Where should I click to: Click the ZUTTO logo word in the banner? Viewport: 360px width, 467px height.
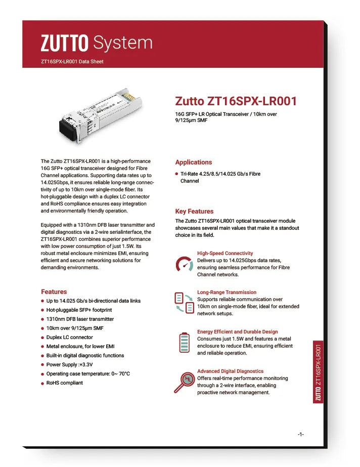(65, 43)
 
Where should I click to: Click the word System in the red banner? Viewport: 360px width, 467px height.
(123, 43)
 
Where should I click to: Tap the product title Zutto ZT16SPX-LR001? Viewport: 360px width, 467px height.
(236, 101)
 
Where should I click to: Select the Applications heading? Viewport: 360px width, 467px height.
(193, 162)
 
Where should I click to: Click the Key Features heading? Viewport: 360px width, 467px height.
(194, 211)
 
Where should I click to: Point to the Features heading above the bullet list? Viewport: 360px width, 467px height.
(54, 292)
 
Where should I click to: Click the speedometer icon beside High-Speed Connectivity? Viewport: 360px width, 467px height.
(184, 265)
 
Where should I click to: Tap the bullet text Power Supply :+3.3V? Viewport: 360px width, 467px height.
(69, 365)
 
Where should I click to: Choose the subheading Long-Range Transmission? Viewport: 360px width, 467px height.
(227, 292)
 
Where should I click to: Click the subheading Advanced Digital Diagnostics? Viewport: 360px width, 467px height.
(230, 371)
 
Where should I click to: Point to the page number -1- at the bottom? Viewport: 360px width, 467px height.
(300, 434)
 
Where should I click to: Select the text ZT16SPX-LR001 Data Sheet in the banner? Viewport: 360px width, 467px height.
(72, 62)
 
